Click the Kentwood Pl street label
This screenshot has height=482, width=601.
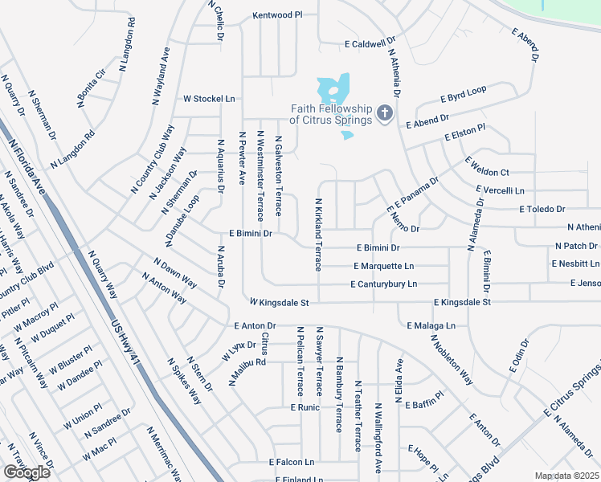(276, 14)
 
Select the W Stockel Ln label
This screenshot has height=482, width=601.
(209, 99)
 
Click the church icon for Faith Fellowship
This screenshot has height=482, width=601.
(385, 113)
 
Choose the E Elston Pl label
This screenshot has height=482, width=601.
(465, 134)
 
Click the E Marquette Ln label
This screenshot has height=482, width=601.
(383, 266)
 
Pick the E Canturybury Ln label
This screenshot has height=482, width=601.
(384, 284)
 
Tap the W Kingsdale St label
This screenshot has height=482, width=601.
(279, 302)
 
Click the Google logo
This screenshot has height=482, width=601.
(26, 472)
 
